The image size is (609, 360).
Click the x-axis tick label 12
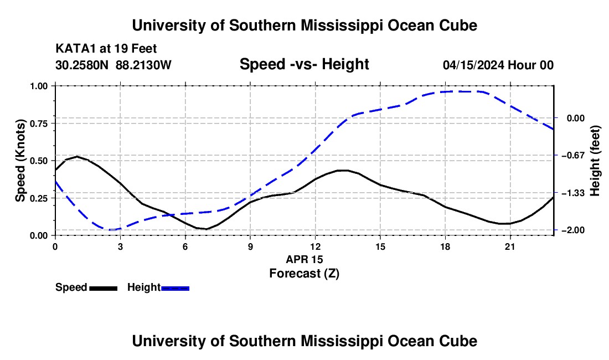pyautogui.click(x=316, y=246)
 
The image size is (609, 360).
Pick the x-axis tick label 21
pyautogui.click(x=510, y=246)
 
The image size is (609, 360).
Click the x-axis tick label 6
pyautogui.click(x=185, y=246)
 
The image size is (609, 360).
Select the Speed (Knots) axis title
pyautogui.click(x=20, y=161)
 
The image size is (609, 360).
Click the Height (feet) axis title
pyautogui.click(x=595, y=161)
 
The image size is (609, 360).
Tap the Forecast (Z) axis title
pyautogui.click(x=304, y=274)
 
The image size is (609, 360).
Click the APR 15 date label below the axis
pyautogui.click(x=304, y=259)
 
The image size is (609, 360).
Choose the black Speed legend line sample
pyautogui.click(x=104, y=289)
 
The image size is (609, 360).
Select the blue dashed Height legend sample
pyautogui.click(x=175, y=289)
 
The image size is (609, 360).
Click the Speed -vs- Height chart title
pyautogui.click(x=304, y=64)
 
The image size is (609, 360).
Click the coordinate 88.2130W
pyautogui.click(x=143, y=65)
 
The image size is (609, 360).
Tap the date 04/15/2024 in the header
pyautogui.click(x=473, y=65)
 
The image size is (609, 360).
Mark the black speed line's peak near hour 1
pyautogui.click(x=78, y=157)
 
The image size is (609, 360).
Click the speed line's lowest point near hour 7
pyautogui.click(x=207, y=229)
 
